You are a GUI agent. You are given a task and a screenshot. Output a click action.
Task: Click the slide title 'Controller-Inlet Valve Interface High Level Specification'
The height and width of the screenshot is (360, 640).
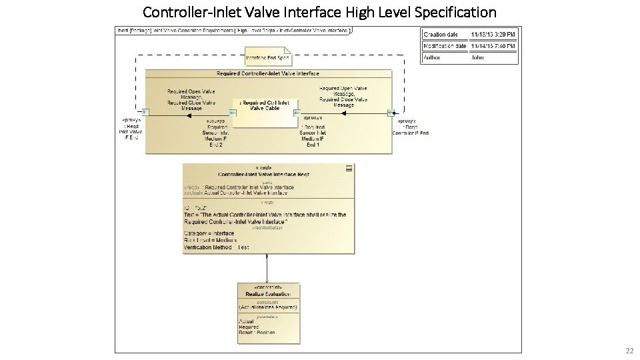319,12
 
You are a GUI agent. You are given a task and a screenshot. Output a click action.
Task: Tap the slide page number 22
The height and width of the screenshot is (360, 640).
629,351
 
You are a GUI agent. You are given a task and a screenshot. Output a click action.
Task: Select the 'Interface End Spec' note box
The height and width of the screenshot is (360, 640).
267,57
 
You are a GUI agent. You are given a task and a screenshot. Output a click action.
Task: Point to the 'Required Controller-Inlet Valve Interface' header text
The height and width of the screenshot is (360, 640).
268,73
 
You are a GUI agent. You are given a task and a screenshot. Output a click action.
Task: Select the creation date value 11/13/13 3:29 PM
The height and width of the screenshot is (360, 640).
494,34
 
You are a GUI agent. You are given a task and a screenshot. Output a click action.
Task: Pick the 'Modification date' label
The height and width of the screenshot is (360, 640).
445,46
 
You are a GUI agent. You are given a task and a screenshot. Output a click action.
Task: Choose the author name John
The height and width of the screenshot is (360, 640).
477,58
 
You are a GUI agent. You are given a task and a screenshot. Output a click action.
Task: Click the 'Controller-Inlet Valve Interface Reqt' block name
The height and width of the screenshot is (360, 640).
263,175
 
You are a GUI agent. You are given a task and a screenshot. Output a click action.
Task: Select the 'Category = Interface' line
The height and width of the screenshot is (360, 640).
209,233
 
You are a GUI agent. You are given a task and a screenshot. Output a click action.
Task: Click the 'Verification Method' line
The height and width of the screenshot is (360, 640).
217,247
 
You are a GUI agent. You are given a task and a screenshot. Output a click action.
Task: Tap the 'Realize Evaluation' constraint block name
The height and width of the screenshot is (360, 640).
268,294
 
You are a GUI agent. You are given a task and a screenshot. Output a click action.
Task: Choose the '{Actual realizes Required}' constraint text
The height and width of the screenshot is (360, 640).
268,307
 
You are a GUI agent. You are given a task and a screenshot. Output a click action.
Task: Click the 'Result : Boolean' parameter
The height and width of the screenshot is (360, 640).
257,332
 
